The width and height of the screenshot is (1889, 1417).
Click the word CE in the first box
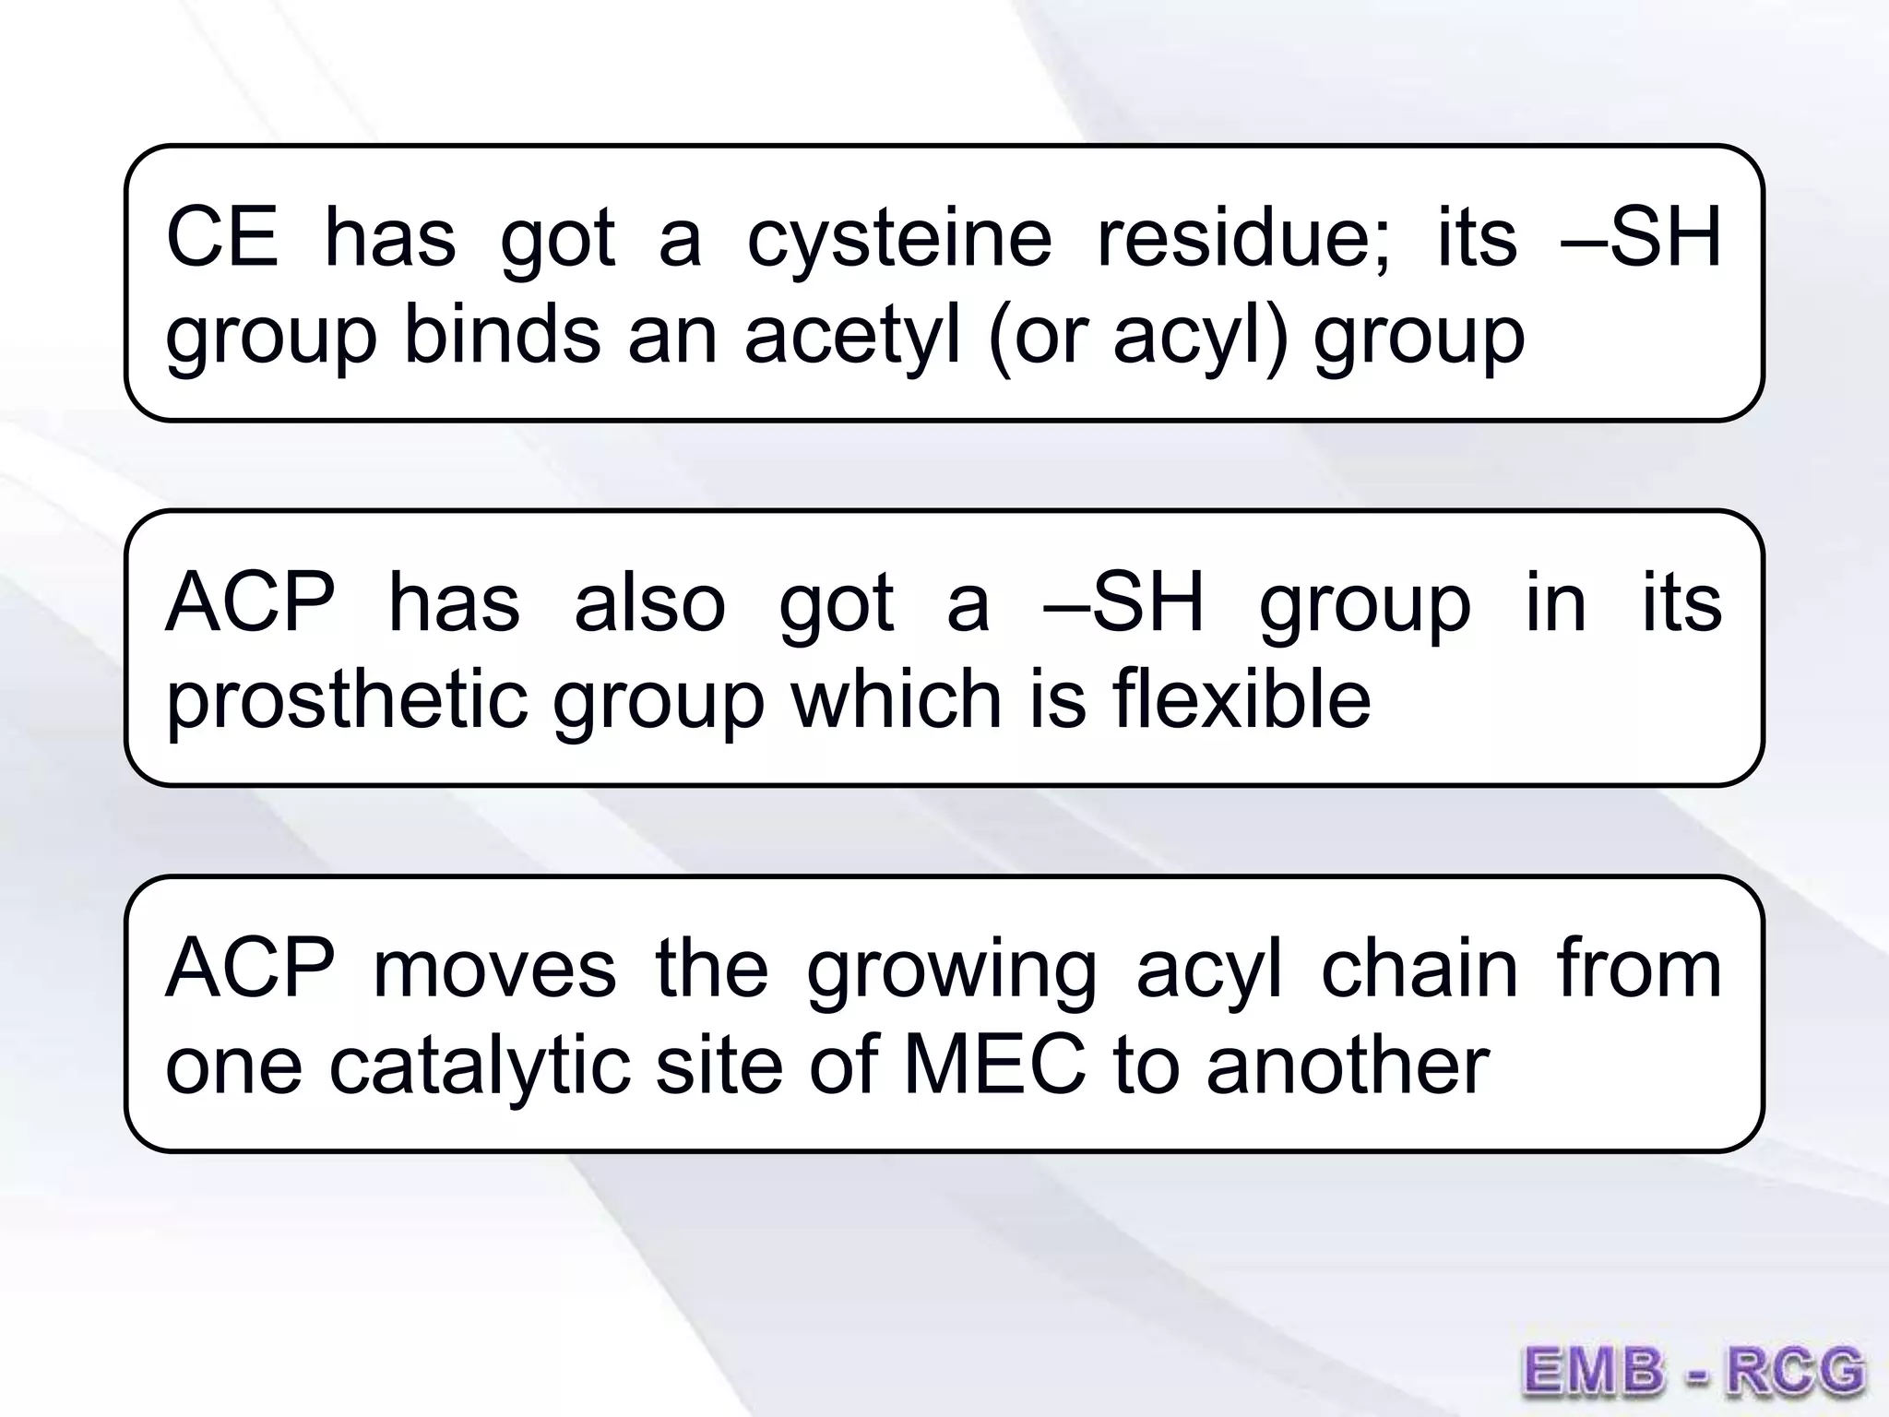coord(221,238)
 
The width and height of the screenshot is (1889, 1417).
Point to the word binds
coord(503,334)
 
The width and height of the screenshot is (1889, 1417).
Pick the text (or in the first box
coord(1038,336)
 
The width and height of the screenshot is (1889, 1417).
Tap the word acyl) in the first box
coord(1199,336)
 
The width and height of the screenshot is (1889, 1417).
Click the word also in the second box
coord(650,603)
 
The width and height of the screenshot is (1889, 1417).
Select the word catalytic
coord(480,1066)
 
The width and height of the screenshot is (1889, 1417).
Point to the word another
coord(1348,1065)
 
